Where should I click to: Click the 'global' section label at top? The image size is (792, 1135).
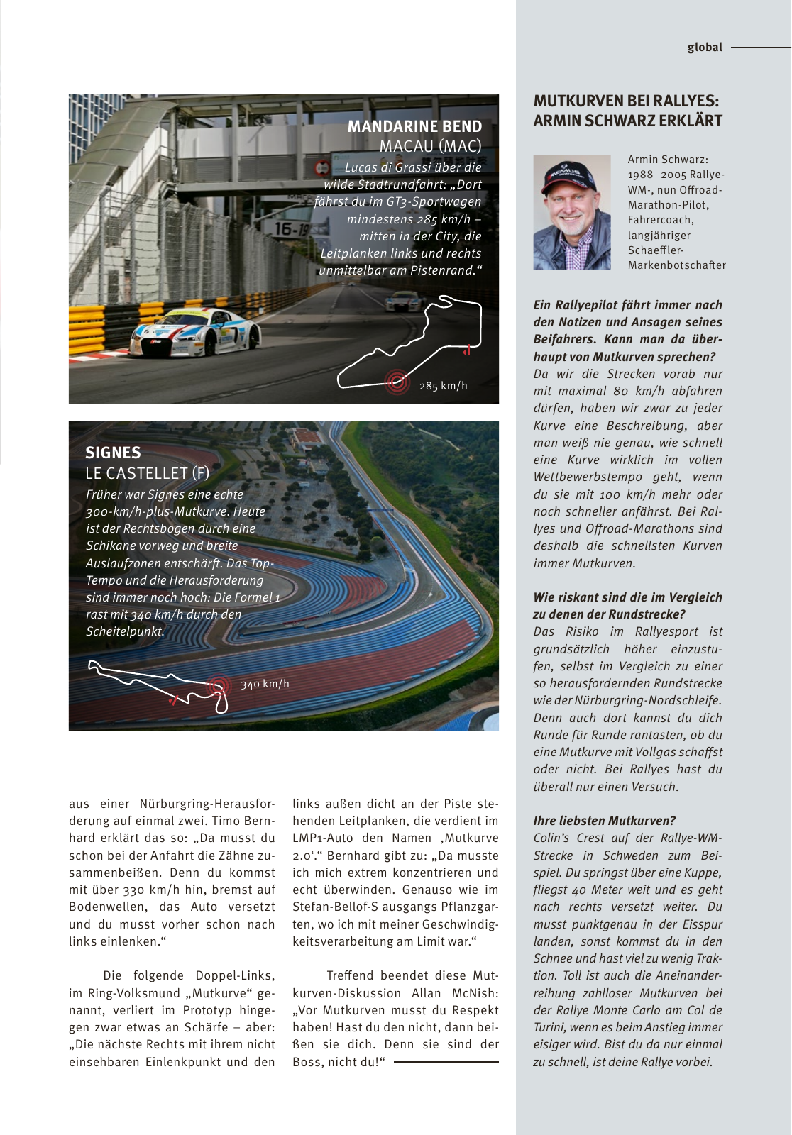tap(704, 48)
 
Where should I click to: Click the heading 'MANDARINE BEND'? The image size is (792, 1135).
tap(414, 126)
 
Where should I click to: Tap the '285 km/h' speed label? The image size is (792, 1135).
tap(443, 386)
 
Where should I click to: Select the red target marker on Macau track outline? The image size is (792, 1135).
tap(397, 382)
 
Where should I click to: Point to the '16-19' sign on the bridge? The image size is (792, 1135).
tap(292, 228)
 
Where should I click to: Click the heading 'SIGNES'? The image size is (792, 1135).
tap(113, 453)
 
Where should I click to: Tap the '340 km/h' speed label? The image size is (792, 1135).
tap(265, 684)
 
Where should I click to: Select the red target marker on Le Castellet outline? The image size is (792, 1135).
tap(219, 686)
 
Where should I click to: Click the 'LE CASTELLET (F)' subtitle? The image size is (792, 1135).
tap(147, 473)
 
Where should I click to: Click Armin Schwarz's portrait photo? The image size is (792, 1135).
tap(571, 212)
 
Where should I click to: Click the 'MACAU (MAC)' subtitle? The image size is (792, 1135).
tap(430, 146)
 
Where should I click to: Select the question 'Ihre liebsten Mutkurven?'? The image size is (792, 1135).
tap(604, 821)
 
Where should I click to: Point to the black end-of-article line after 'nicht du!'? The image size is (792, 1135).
tap(446, 1062)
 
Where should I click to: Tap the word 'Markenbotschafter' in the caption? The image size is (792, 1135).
tap(676, 265)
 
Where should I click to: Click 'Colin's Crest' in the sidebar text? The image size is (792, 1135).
tap(568, 838)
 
